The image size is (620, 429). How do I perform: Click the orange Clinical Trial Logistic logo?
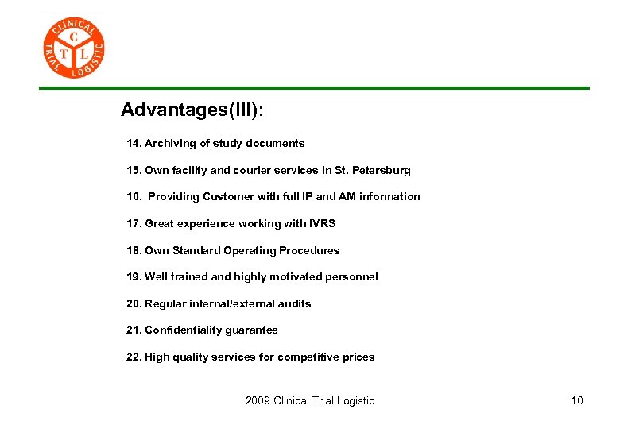(x=73, y=48)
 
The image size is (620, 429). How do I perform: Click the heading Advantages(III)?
(x=192, y=110)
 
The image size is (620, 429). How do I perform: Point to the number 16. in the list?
(x=134, y=197)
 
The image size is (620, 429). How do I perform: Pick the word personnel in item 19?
(x=351, y=277)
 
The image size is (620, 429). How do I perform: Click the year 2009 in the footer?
(x=258, y=400)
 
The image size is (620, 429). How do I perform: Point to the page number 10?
(x=576, y=400)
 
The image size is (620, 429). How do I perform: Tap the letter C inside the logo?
(x=74, y=37)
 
